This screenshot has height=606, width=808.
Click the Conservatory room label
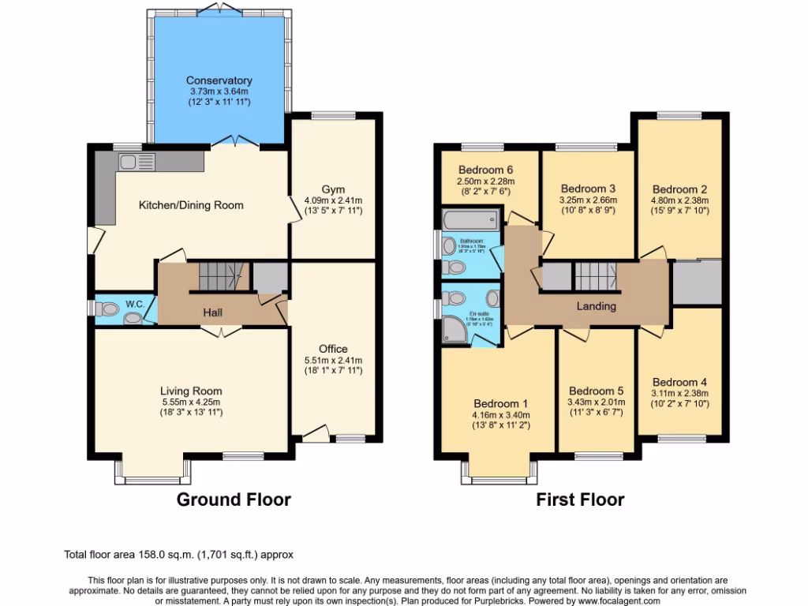pos(219,80)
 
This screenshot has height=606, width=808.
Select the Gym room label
pos(333,189)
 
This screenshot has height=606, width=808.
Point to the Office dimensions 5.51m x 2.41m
pos(333,361)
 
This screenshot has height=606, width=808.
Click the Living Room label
pos(191,391)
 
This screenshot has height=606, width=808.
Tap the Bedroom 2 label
pos(679,189)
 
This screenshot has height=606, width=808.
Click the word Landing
pos(596,306)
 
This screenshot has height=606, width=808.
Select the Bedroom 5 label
pos(596,391)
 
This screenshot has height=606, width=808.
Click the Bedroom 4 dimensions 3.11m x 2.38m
pos(679,394)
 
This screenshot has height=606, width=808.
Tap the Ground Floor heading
pos(233,499)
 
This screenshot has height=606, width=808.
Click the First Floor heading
pos(580,499)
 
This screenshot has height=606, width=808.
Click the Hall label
pos(212,312)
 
